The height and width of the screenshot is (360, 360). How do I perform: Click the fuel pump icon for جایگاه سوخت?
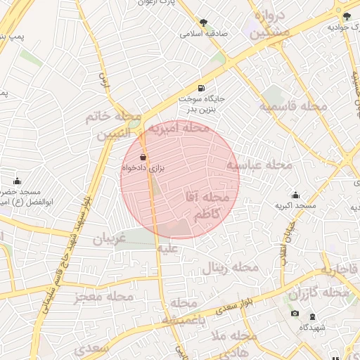tap(202, 89)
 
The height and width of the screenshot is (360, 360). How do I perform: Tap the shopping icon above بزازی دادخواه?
tap(143, 157)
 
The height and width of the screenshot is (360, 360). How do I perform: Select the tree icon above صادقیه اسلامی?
tap(204, 22)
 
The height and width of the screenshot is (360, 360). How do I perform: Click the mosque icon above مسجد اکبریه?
tap(295, 195)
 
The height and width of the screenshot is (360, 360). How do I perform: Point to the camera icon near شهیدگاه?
tap(295, 314)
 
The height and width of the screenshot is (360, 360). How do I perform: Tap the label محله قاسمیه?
tap(292, 107)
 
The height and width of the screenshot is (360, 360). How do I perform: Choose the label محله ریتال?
tap(231, 268)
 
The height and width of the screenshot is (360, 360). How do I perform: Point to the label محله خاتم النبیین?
tap(113, 124)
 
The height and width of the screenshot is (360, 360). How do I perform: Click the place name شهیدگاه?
tap(311, 328)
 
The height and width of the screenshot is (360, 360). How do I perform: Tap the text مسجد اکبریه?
tap(295, 206)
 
